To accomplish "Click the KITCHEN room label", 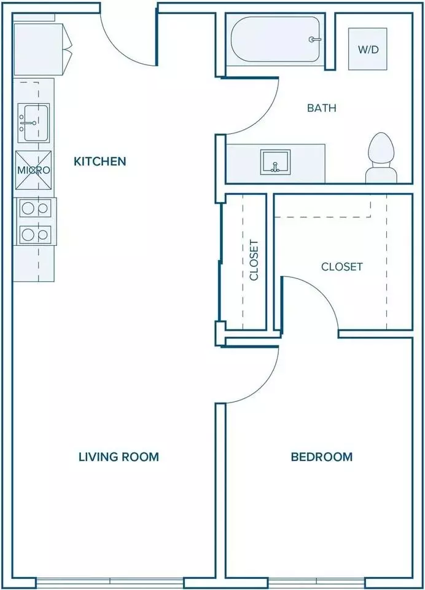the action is tap(99, 162).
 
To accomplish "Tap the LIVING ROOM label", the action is tap(119, 457).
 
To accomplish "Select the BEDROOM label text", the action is tap(322, 457).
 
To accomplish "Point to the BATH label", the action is tap(322, 108).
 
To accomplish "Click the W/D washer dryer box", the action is tap(367, 49).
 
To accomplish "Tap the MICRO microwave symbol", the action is tap(34, 170).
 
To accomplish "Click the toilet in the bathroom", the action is tap(382, 158).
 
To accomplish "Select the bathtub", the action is tap(275, 39).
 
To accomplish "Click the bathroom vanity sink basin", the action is tap(276, 162).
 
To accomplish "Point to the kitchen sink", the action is tap(34, 123).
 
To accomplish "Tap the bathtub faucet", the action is tap(315, 39).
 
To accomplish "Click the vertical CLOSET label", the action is tap(254, 260).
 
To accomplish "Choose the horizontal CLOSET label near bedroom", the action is tap(342, 267).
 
